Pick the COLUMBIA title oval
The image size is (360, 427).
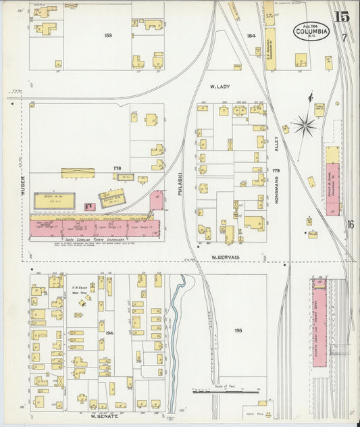[311, 31]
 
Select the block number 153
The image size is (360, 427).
[108, 35]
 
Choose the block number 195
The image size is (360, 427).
[238, 331]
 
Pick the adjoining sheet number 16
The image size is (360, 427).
[351, 225]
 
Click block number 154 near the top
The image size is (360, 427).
[252, 36]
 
